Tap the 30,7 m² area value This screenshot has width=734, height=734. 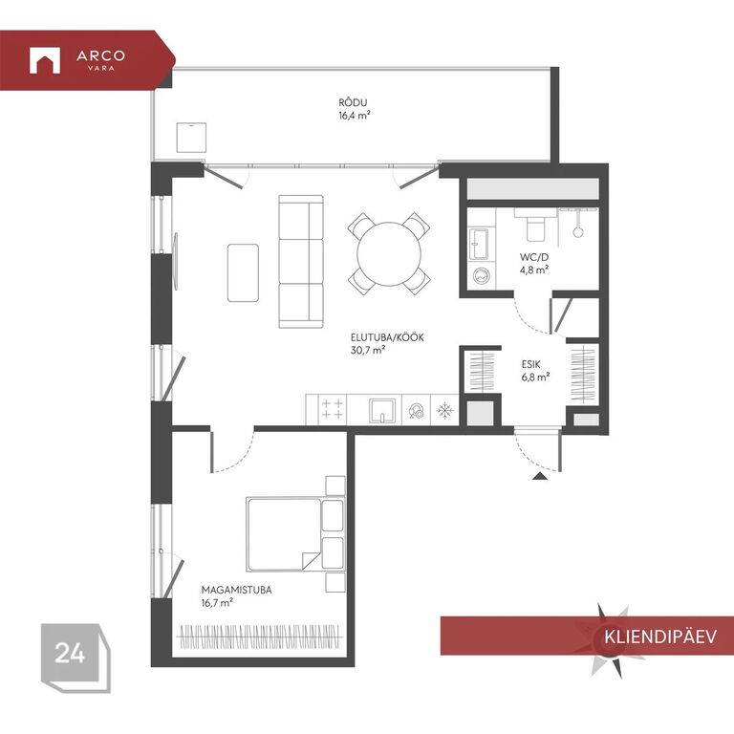point(368,350)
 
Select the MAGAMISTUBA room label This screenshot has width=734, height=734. point(236,590)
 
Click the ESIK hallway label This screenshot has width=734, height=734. point(530,364)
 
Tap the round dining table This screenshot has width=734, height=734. point(389,254)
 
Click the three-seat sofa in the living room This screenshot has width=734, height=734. point(301,262)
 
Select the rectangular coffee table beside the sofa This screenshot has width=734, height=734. point(243,273)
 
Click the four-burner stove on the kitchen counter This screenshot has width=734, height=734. point(333,409)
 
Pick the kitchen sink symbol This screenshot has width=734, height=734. point(382,411)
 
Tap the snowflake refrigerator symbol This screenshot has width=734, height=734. point(444,411)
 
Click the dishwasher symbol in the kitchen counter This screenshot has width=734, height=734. point(416,411)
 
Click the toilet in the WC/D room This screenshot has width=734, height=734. point(535,226)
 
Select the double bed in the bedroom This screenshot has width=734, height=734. point(295,534)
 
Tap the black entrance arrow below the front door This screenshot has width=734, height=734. point(540,477)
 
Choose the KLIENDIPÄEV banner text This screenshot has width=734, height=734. point(660,637)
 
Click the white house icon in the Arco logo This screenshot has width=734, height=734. point(45,60)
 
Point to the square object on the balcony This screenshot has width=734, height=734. point(191,138)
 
